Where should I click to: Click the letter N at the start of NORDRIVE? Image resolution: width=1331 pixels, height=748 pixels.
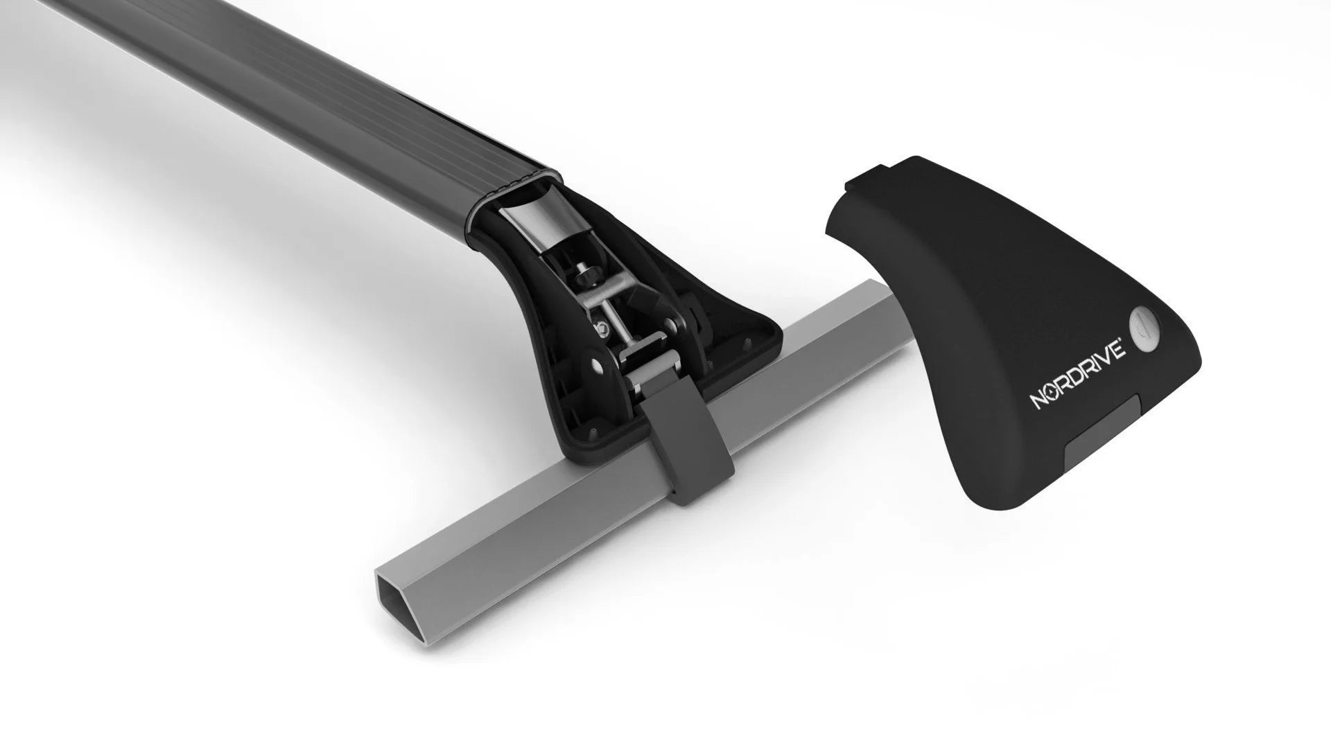tap(1038, 401)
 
